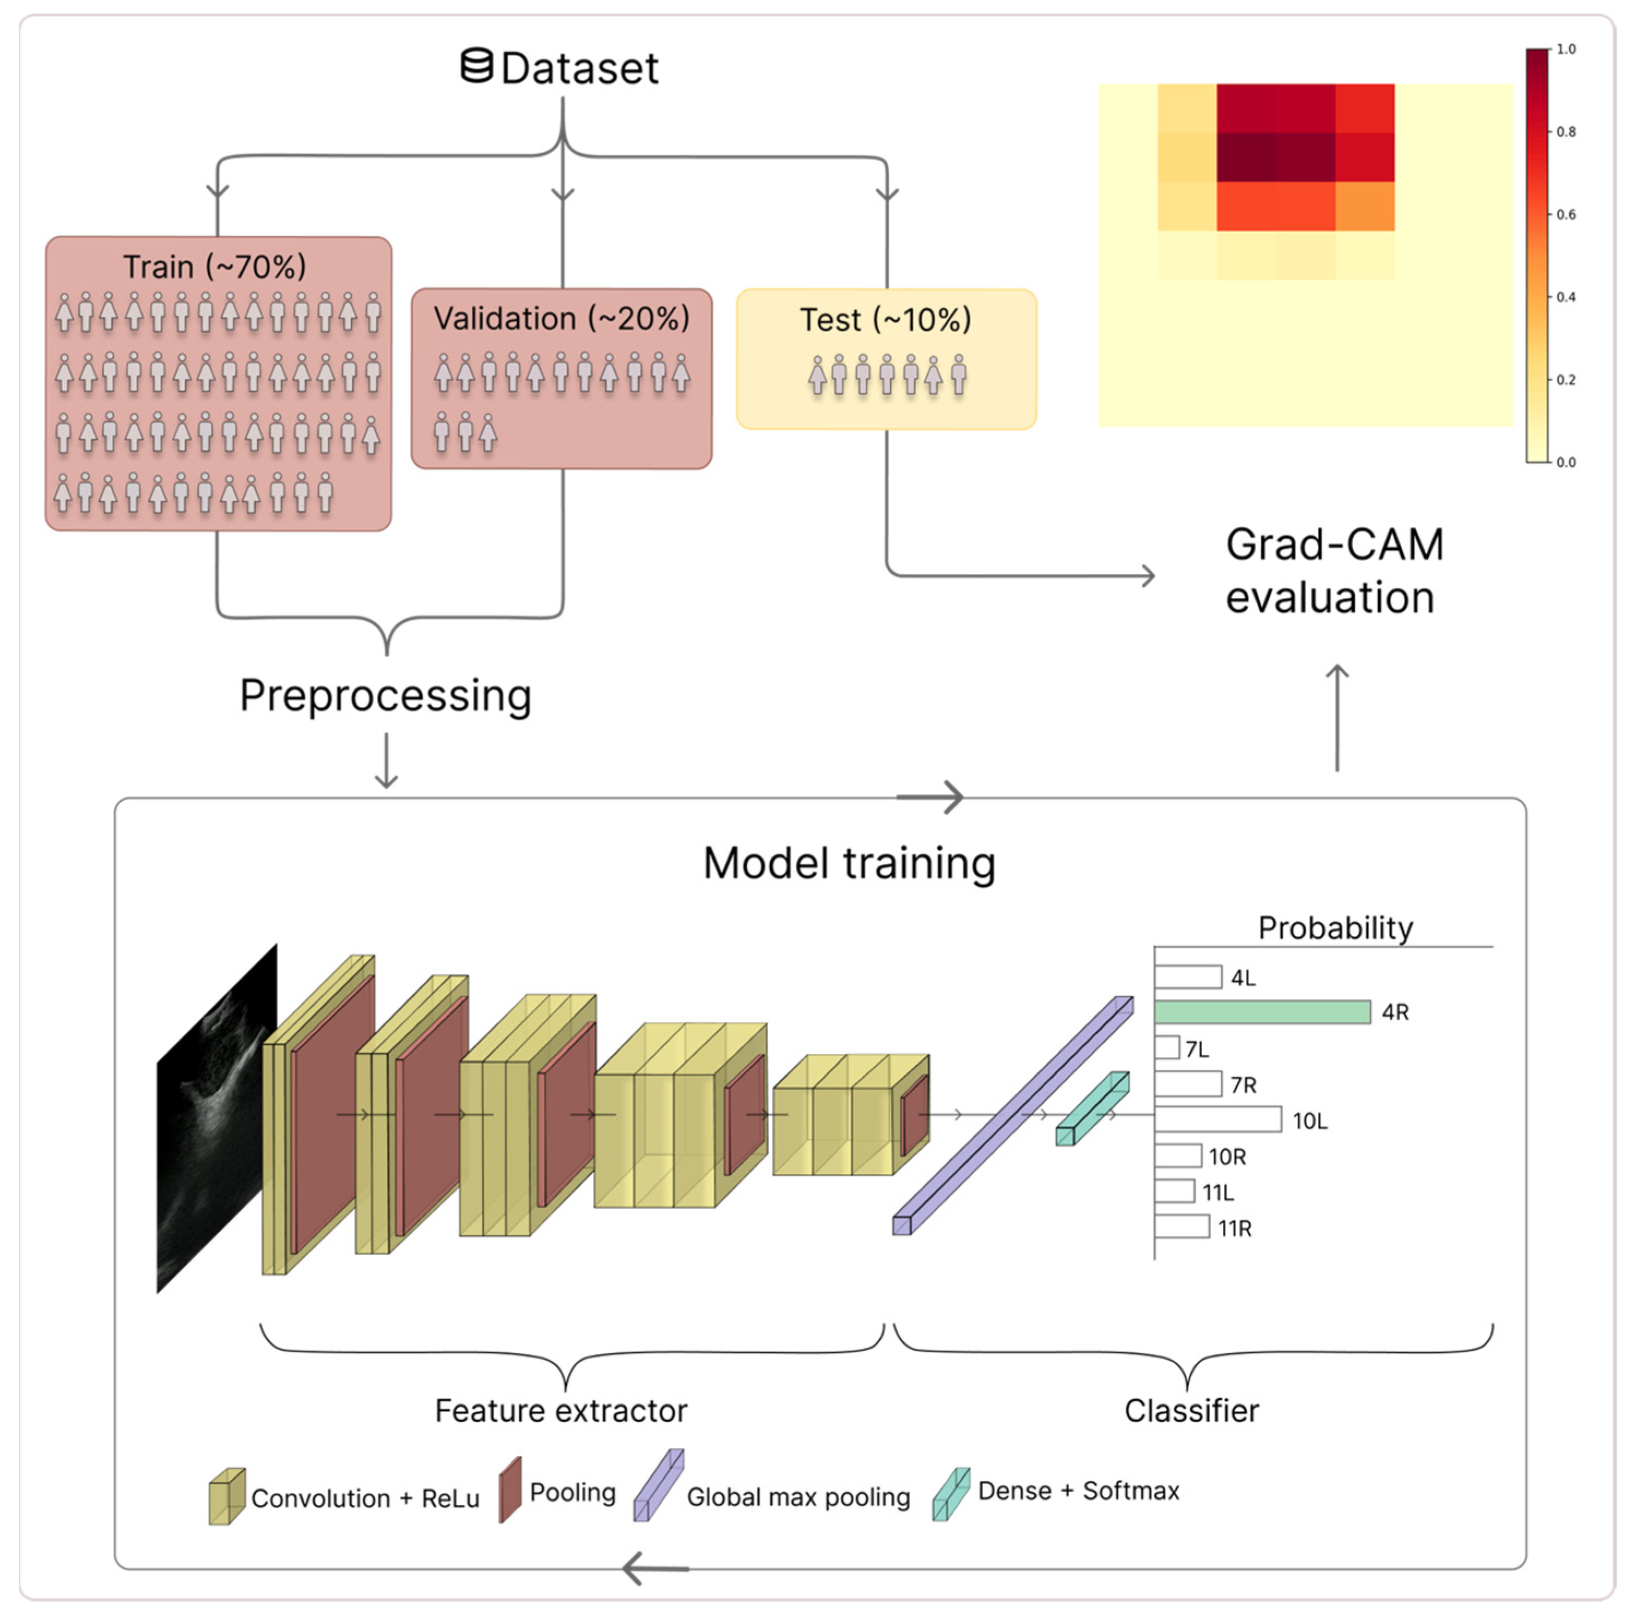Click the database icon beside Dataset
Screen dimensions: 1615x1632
(476, 66)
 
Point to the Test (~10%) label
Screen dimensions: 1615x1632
(885, 320)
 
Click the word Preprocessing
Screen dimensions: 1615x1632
(385, 695)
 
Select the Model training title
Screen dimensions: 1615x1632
(849, 863)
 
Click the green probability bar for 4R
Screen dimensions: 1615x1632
(1262, 1012)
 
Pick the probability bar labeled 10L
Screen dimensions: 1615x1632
(1217, 1120)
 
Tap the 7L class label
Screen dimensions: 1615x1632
(1197, 1049)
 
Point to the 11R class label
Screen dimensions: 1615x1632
(1234, 1228)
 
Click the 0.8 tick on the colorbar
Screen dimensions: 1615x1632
(1565, 132)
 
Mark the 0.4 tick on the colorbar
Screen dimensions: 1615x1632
(1565, 297)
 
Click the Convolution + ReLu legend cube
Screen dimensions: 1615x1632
(226, 1497)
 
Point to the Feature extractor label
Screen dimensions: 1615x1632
(561, 1410)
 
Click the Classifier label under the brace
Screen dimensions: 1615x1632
(1191, 1410)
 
